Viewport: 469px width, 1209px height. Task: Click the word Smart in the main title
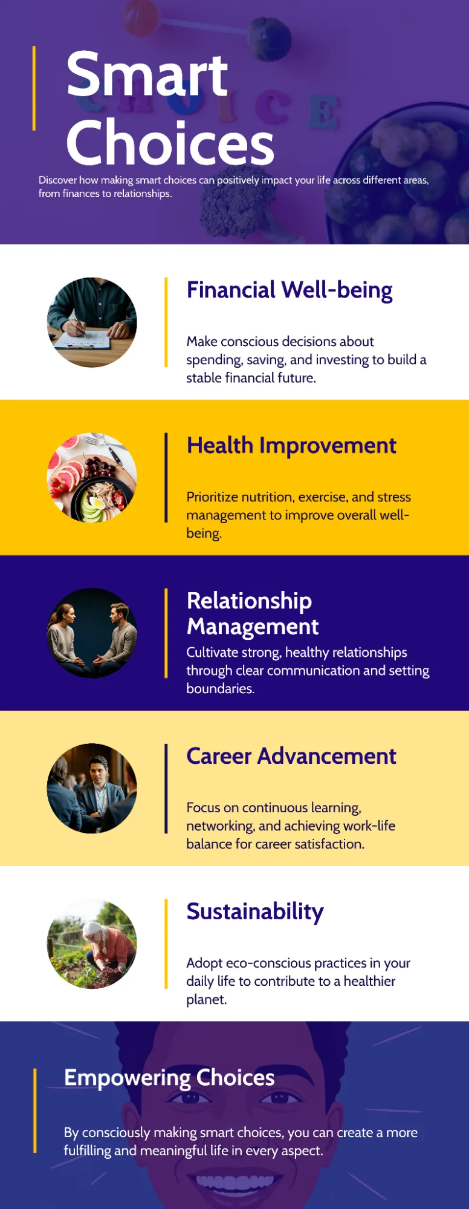pyautogui.click(x=147, y=75)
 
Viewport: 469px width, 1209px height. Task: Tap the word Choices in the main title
pyautogui.click(x=170, y=143)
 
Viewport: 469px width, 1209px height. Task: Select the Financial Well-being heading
pyautogui.click(x=289, y=290)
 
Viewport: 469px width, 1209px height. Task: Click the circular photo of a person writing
pyautogui.click(x=92, y=322)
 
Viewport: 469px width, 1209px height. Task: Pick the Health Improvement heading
pyautogui.click(x=291, y=446)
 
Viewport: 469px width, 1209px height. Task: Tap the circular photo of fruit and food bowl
pyautogui.click(x=92, y=478)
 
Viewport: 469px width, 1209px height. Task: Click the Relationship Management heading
pyautogui.click(x=253, y=613)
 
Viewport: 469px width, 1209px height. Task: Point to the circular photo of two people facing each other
pyautogui.click(x=92, y=633)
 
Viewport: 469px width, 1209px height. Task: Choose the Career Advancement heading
pyautogui.click(x=291, y=757)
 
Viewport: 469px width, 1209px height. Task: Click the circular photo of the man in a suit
pyautogui.click(x=92, y=789)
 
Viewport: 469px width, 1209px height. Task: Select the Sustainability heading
pyautogui.click(x=255, y=912)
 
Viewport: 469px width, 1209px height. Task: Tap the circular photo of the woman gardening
pyautogui.click(x=92, y=944)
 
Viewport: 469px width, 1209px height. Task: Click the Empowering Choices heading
pyautogui.click(x=169, y=1078)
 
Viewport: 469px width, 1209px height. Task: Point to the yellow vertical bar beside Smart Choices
pyautogui.click(x=34, y=88)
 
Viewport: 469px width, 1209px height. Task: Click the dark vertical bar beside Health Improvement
pyautogui.click(x=166, y=478)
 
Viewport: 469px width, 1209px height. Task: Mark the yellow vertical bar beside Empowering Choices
pyautogui.click(x=35, y=1111)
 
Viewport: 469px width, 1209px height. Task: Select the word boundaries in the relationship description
pyautogui.click(x=221, y=689)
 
